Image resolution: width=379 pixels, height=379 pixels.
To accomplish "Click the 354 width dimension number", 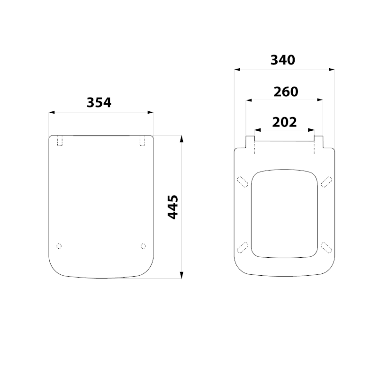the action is (x=99, y=102).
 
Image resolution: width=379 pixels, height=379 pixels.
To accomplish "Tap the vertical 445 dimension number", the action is (x=173, y=207).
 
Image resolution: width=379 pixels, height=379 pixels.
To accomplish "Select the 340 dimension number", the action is (x=283, y=60).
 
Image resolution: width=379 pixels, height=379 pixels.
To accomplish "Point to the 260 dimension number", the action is (x=286, y=91).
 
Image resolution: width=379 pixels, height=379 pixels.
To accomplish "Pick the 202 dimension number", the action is (x=285, y=122).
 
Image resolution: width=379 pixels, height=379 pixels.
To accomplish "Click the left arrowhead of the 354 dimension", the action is (x=52, y=112).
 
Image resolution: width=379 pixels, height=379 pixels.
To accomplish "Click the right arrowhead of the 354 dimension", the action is (x=151, y=112).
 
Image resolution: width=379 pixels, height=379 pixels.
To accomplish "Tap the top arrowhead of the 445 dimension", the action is (x=182, y=139).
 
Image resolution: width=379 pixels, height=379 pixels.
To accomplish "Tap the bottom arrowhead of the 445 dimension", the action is (x=182, y=275).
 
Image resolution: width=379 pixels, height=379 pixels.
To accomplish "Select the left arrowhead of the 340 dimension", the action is (x=237, y=70).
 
